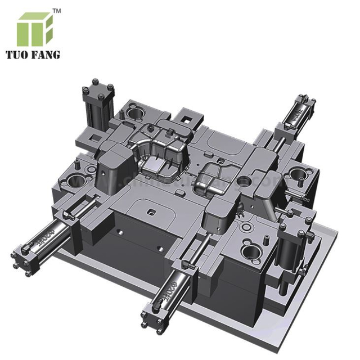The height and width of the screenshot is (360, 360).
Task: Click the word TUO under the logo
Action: tap(21, 55)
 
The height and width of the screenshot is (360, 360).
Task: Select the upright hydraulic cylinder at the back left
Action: tap(97, 104)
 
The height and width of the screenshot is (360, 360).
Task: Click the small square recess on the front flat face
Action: tap(152, 212)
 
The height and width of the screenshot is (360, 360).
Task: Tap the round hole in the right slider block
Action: tap(243, 182)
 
